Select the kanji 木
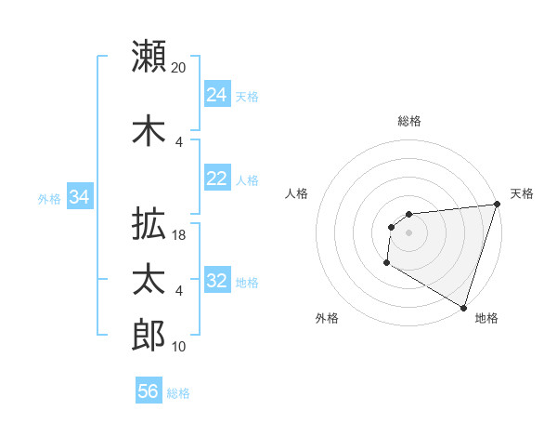(149, 131)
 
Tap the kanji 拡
(149, 224)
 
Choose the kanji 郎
(149, 335)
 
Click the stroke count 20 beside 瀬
(179, 67)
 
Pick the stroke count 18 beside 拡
(179, 235)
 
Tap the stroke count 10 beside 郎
(179, 347)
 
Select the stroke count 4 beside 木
(179, 141)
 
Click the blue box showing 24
(216, 95)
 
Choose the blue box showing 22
(216, 179)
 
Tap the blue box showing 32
(216, 281)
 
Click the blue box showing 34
(80, 197)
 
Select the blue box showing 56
(149, 391)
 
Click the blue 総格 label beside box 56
(178, 393)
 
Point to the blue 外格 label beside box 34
(49, 198)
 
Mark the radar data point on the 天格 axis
(497, 205)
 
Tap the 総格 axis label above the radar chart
(409, 121)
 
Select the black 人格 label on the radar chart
(297, 193)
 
